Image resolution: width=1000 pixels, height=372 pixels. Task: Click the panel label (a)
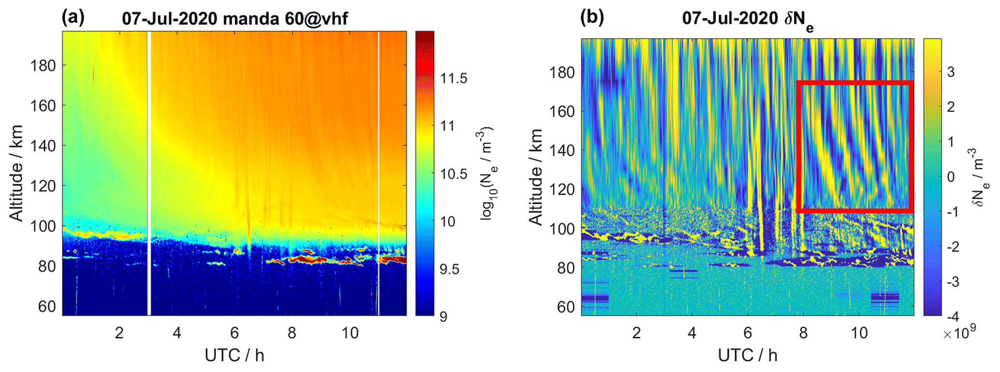(73, 17)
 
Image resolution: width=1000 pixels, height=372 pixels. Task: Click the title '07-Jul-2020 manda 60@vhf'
(235, 19)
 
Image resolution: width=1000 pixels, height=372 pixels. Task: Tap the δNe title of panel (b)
(747, 20)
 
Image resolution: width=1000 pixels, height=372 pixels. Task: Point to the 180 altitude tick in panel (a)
(44, 65)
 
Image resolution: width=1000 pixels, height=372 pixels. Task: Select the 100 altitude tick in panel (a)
(44, 226)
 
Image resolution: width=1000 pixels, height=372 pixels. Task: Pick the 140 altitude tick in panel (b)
(562, 150)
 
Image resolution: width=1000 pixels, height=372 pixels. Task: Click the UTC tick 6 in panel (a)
(235, 333)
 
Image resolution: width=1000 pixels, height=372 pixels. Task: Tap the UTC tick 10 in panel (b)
(859, 333)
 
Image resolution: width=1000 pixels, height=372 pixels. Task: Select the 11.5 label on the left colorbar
(453, 78)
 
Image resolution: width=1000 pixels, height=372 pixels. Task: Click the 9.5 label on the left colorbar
(449, 269)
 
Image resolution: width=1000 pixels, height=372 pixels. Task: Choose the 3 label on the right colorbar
(951, 72)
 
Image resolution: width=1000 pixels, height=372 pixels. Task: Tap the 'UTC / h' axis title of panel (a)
(235, 356)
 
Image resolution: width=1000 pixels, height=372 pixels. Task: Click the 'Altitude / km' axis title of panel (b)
(536, 177)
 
